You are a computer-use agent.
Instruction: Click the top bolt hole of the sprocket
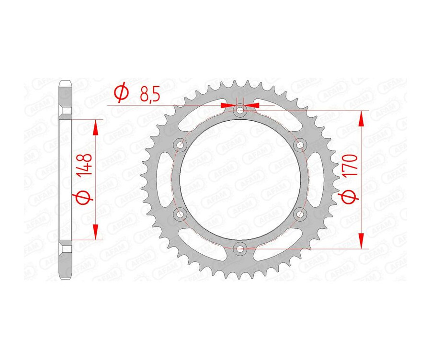pos(240,111)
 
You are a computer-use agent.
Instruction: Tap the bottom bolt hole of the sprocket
pos(240,248)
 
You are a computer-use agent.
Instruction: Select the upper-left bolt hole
pos(180,145)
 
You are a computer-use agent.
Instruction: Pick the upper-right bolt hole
pos(300,145)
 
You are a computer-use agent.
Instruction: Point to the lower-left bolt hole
pos(180,214)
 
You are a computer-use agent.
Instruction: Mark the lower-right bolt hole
pos(300,214)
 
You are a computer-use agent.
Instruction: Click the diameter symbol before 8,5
pos(122,93)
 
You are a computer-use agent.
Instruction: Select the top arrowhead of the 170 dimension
pos(362,118)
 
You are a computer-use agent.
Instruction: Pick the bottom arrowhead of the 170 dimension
pos(362,241)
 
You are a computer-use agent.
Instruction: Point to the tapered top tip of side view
pos(66,83)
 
